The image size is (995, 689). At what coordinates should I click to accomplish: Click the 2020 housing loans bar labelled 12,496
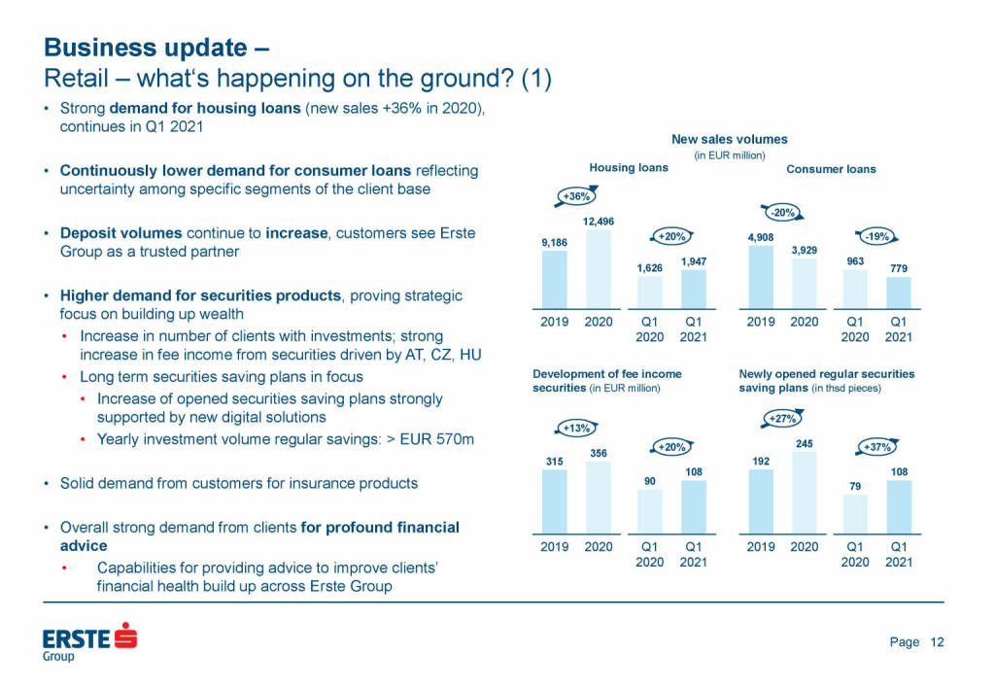[599, 269]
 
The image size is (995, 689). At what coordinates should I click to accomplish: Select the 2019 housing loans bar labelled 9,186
[554, 280]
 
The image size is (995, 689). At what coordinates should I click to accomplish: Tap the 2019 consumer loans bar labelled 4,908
[760, 277]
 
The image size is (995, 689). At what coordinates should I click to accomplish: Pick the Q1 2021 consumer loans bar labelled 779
[899, 293]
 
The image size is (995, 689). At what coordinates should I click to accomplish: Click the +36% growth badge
[577, 196]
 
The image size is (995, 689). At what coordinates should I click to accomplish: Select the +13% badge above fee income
[577, 428]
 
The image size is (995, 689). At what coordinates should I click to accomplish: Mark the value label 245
[805, 444]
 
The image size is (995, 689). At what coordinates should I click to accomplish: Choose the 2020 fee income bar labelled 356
[599, 497]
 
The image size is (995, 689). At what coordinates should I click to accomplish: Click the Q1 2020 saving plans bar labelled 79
[855, 514]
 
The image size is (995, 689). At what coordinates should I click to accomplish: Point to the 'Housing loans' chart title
[629, 168]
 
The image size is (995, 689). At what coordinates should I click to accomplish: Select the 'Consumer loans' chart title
[831, 169]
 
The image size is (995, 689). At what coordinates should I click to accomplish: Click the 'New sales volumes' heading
[730, 140]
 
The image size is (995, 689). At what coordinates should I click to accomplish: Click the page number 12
[937, 641]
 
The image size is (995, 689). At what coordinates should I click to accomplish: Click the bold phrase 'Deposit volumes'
[120, 234]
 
